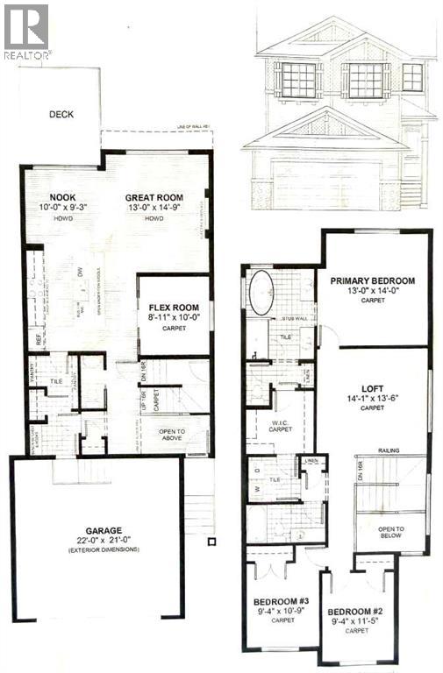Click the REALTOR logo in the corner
(25, 31)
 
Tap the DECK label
(61, 113)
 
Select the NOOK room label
(61, 197)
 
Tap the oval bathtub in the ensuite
(262, 296)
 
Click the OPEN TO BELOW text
(391, 532)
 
